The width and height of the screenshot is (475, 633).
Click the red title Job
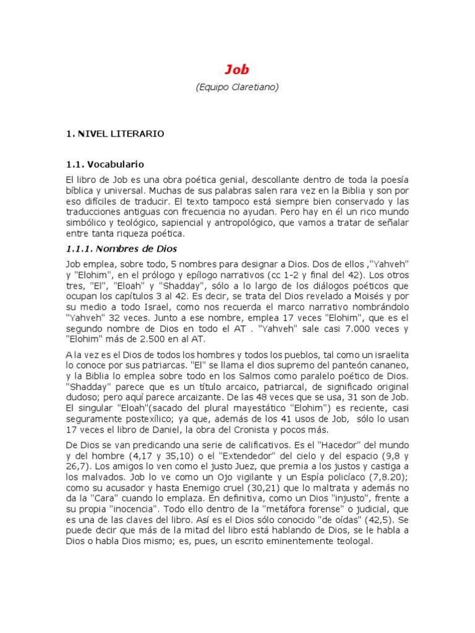(x=237, y=69)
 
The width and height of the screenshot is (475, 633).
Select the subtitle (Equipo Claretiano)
(x=237, y=87)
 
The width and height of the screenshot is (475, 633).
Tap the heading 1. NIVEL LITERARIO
(x=115, y=133)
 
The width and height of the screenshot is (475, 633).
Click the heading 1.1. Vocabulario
(x=105, y=164)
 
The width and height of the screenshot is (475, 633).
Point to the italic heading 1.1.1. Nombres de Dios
(x=121, y=249)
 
